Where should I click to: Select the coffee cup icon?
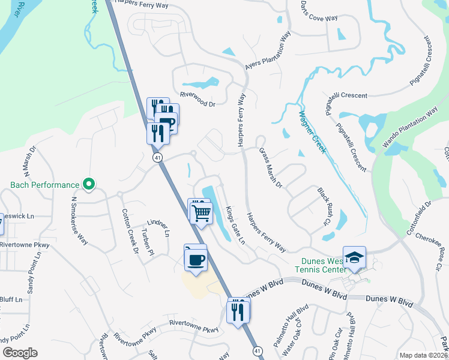tap(196, 260)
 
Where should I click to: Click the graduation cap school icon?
tap(354, 257)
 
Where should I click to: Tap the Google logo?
tap(20, 352)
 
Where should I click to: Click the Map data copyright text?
tap(423, 355)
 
